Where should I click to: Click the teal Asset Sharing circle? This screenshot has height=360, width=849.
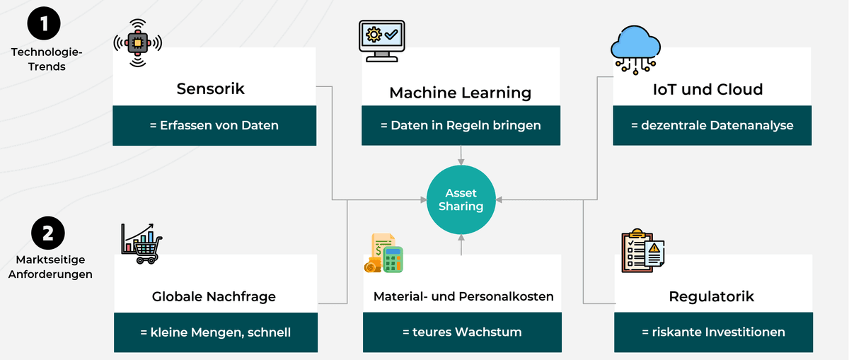pyautogui.click(x=461, y=199)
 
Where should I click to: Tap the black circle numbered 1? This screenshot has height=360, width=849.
pyautogui.click(x=44, y=24)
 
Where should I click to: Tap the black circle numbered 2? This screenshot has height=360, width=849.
pyautogui.click(x=48, y=234)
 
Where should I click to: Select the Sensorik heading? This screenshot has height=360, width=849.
pyautogui.click(x=210, y=89)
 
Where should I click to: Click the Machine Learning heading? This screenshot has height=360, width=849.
pyautogui.click(x=460, y=93)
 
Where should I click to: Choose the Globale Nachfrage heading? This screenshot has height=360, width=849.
pyautogui.click(x=214, y=297)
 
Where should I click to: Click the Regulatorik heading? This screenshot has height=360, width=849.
pyautogui.click(x=711, y=296)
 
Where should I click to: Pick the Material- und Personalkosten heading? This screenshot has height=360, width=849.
pyautogui.click(x=463, y=296)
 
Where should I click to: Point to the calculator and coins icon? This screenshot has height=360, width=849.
pyautogui.click(x=383, y=253)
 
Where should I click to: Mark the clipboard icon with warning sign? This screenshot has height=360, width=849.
pyautogui.click(x=642, y=250)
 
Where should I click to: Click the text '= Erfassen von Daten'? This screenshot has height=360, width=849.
pyautogui.click(x=214, y=126)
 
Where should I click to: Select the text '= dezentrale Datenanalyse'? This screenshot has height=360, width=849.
pyautogui.click(x=712, y=126)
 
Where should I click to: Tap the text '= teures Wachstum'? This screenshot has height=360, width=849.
pyautogui.click(x=463, y=332)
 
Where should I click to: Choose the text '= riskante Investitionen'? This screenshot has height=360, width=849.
pyautogui.click(x=712, y=332)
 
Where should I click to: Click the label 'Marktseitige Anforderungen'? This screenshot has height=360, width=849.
pyautogui.click(x=50, y=268)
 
